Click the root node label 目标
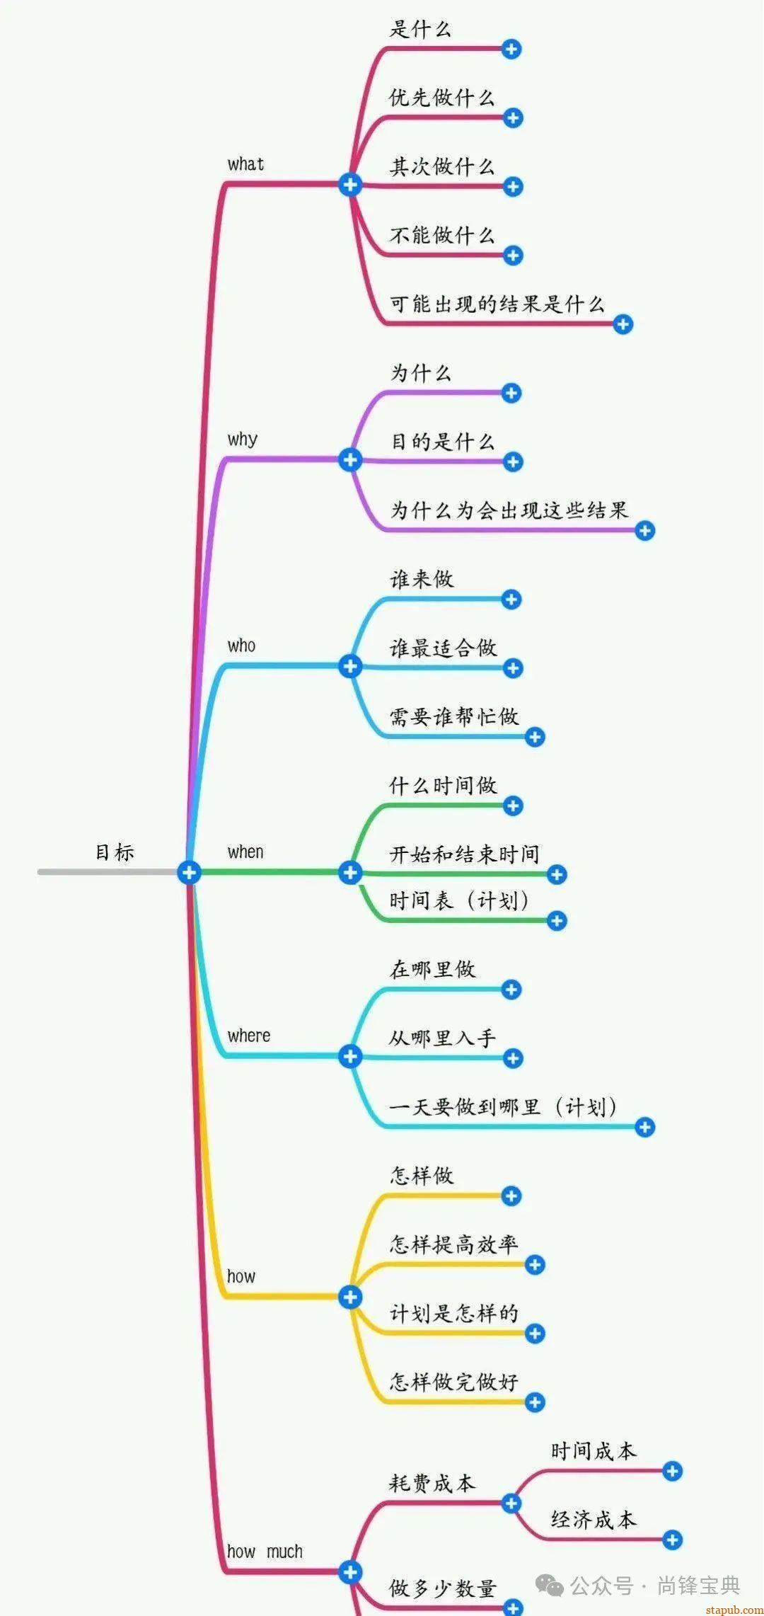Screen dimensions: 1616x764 [x=115, y=852]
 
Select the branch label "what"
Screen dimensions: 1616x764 [x=245, y=164]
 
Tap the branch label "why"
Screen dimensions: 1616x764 [x=242, y=440]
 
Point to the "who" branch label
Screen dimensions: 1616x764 [x=241, y=646]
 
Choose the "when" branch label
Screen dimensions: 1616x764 [x=245, y=852]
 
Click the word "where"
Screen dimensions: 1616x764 [x=248, y=1036]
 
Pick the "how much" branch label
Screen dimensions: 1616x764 [x=265, y=1552]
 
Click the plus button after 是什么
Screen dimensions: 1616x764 [x=511, y=49]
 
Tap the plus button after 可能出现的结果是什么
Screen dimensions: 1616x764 [x=623, y=325]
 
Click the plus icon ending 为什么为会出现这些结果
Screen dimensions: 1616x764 [x=644, y=531]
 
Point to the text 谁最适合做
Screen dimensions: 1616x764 [x=443, y=648]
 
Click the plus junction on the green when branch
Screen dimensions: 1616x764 [x=350, y=872]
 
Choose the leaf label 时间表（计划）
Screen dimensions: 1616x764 [x=458, y=900]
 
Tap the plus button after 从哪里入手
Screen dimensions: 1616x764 [x=513, y=1058]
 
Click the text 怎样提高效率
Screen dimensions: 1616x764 [x=453, y=1244]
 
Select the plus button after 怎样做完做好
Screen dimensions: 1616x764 [x=535, y=1402]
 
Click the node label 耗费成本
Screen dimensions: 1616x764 [x=432, y=1482]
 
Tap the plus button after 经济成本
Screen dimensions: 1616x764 [x=672, y=1540]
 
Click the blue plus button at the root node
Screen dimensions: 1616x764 [x=189, y=872]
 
